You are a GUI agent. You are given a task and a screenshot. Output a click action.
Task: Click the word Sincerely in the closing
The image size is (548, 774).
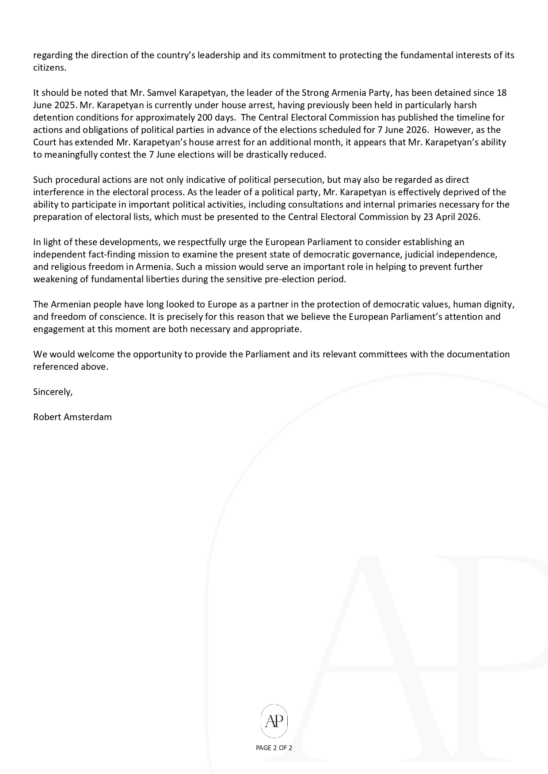pyautogui.click(x=52, y=392)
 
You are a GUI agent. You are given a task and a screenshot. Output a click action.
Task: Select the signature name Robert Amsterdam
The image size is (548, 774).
pyautogui.click(x=72, y=417)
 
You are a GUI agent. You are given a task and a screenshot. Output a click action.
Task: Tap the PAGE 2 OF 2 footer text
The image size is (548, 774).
pyautogui.click(x=274, y=748)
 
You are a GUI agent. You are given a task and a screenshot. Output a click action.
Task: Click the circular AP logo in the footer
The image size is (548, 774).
pyautogui.click(x=274, y=721)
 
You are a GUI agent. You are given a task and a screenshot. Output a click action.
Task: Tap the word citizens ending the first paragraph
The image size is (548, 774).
pyautogui.click(x=49, y=68)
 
